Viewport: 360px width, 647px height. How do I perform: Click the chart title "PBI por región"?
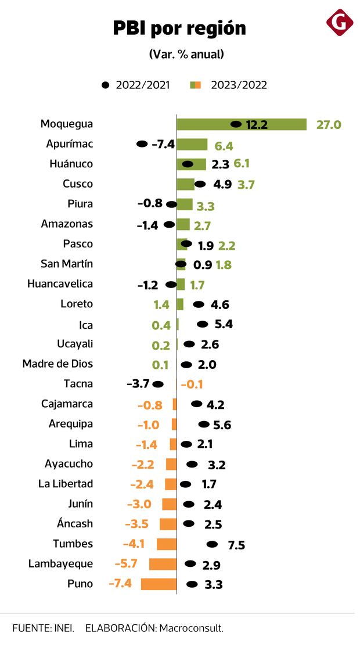coord(179,28)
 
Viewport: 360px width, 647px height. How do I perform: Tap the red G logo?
coord(340,23)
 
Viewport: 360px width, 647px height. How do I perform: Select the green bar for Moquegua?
coord(241,124)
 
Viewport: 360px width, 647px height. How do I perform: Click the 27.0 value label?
coord(329,124)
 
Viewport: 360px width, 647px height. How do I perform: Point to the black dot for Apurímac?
coord(142,144)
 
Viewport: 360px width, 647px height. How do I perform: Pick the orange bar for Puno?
coord(159,584)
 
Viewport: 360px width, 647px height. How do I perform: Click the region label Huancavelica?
coord(60,284)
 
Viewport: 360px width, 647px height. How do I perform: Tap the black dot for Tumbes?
coord(212,544)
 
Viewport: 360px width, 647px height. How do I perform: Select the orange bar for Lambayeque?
coord(163,564)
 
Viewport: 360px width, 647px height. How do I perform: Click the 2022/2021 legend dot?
coord(105,85)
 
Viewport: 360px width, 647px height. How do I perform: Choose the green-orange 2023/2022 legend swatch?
coord(196,85)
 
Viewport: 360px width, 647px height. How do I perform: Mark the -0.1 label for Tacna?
coord(192,384)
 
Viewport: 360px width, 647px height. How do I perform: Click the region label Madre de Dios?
coord(57,364)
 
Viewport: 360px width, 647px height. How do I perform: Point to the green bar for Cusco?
coord(185,184)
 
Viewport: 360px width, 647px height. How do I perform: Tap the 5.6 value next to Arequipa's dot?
coord(222,425)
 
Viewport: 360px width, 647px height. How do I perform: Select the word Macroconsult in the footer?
coord(191,628)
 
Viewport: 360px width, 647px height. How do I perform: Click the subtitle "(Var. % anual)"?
coord(186,54)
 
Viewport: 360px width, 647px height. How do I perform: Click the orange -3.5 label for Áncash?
coord(136,524)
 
